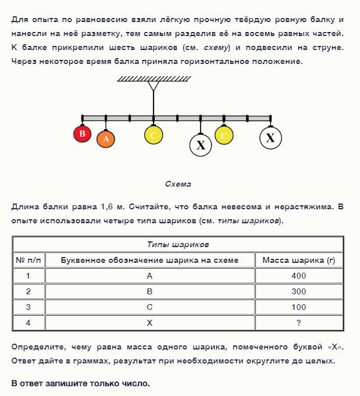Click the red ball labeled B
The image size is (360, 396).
click(83, 134)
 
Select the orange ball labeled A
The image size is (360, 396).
click(106, 138)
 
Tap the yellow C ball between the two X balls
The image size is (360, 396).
click(224, 135)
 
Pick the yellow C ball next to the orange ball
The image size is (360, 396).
click(154, 135)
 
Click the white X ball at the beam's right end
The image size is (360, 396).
click(270, 138)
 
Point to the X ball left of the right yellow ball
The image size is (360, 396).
click(201, 145)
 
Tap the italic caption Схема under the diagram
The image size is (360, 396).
click(178, 184)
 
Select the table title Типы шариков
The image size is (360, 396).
click(178, 244)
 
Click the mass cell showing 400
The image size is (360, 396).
click(298, 276)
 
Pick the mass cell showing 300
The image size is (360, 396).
click(298, 291)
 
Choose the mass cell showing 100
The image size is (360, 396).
click(298, 307)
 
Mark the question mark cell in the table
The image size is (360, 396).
click(298, 323)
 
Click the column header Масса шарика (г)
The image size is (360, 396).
click(298, 260)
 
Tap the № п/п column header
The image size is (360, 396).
click(28, 260)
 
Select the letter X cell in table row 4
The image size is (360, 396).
click(149, 323)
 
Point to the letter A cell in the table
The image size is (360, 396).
click(149, 276)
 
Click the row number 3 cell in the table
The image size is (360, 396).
click(28, 307)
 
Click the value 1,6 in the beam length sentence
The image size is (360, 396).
click(108, 206)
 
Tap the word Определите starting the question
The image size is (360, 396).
click(35, 347)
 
